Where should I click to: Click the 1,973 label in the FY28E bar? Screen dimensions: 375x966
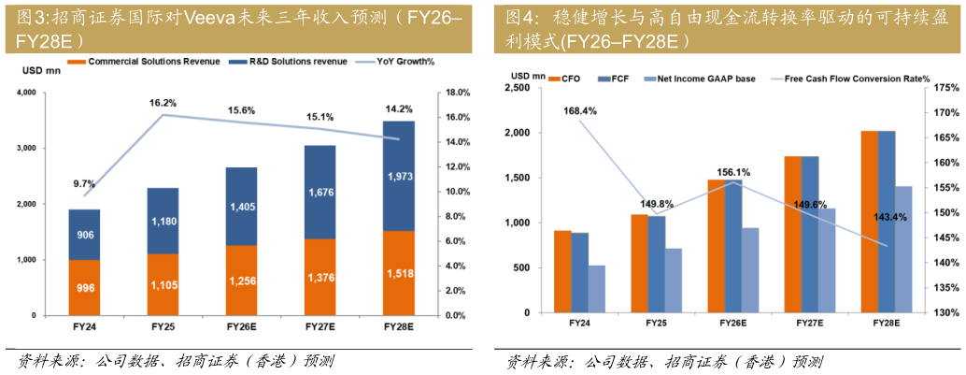[399, 177]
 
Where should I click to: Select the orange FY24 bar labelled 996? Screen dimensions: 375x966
[85, 287]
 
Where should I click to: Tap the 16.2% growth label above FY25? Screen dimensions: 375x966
[163, 103]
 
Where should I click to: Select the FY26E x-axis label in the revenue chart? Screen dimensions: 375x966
[242, 328]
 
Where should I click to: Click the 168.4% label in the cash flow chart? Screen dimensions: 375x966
[580, 110]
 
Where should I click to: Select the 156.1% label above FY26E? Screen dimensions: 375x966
[732, 172]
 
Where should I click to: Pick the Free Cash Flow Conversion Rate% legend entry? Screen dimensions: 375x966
[857, 79]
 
